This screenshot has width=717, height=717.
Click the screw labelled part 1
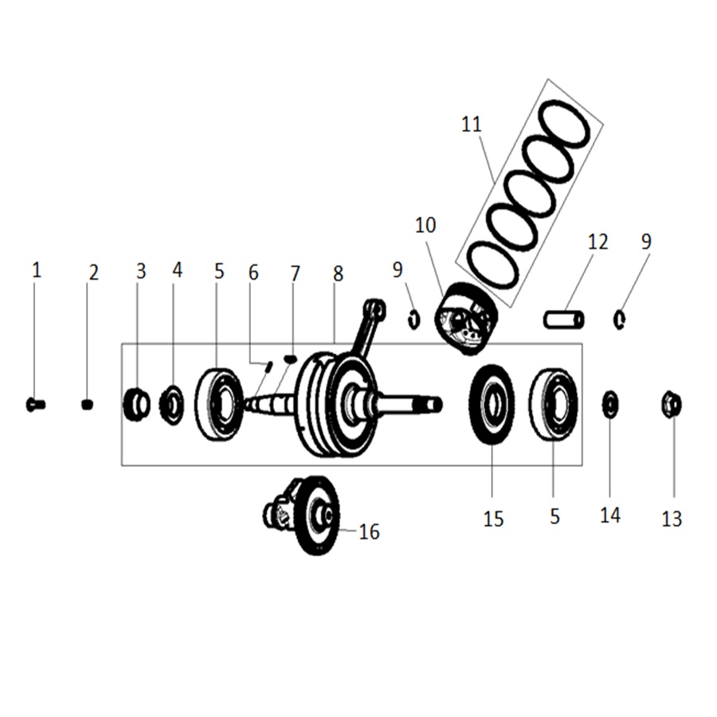pyautogui.click(x=35, y=405)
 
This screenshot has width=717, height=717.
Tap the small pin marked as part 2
pyautogui.click(x=88, y=405)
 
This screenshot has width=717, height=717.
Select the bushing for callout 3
pyautogui.click(x=136, y=405)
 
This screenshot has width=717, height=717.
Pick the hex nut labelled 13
pyautogui.click(x=671, y=405)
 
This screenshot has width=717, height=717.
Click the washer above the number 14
pyautogui.click(x=609, y=404)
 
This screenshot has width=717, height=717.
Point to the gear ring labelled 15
pyautogui.click(x=492, y=404)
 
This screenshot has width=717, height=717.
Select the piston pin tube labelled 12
pyautogui.click(x=564, y=319)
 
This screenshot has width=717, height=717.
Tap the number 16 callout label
pyautogui.click(x=369, y=531)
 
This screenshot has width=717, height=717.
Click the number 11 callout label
pyautogui.click(x=471, y=124)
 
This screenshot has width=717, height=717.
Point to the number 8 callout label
pyautogui.click(x=338, y=274)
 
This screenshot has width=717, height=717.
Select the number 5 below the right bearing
pyautogui.click(x=554, y=517)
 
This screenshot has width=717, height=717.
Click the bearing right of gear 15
pyautogui.click(x=553, y=404)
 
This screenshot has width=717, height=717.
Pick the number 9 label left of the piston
pyautogui.click(x=398, y=270)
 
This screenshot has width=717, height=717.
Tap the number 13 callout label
pyautogui.click(x=672, y=519)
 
